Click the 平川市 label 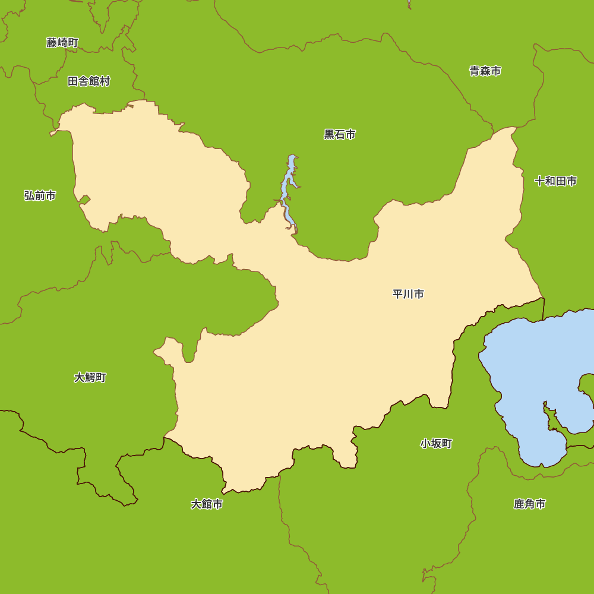point(408,294)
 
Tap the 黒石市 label point(340,135)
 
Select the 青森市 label point(485,71)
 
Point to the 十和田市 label point(555,181)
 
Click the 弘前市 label point(40,195)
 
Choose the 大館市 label point(207,504)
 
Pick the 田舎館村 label point(89,81)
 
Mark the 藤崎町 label point(62,43)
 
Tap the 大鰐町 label point(90,378)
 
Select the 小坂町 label point(436,444)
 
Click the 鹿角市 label point(529,504)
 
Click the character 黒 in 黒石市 point(329,135)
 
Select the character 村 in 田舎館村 point(105,81)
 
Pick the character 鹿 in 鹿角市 point(519,504)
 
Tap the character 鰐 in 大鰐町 point(90,378)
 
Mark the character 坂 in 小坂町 point(436,444)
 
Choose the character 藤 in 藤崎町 point(52,43)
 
